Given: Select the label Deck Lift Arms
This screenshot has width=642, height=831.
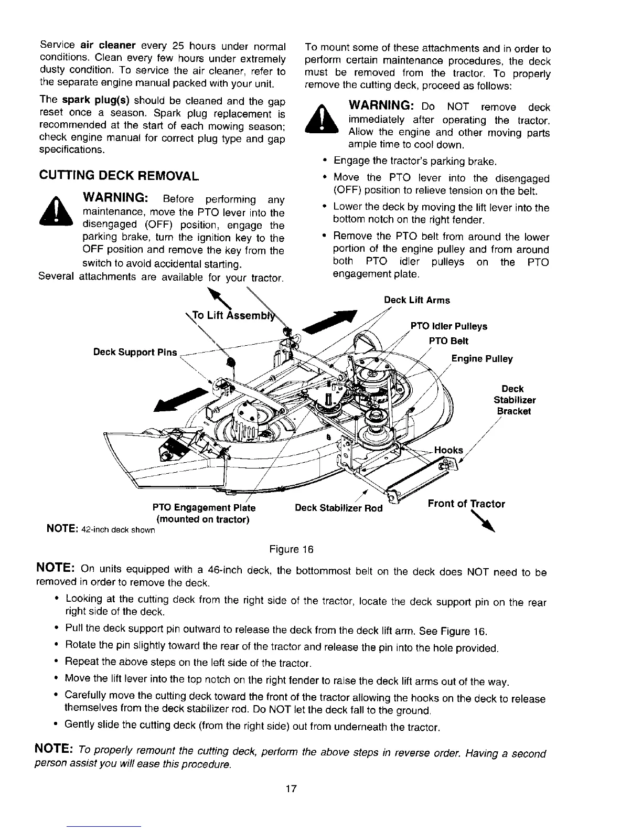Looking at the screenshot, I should pos(416,300).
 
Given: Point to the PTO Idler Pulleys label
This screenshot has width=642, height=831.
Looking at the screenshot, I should pos(449,326).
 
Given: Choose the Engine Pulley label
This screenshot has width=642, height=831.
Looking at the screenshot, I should pos(482,359).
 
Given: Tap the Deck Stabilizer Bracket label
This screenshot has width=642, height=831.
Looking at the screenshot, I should pos(514,400).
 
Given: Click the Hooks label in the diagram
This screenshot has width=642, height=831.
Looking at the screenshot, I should pos(449,450).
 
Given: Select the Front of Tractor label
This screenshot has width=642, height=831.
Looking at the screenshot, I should pos(466,504).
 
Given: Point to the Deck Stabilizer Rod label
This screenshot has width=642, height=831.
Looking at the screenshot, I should pos(339,508).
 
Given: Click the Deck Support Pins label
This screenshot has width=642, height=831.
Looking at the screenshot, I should pos(135,351).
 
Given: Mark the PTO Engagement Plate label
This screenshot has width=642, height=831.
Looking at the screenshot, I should pos(204,508).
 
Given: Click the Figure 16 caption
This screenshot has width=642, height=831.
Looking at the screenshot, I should pos(291,549).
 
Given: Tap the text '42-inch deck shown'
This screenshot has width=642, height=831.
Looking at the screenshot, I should pos(118,530).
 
